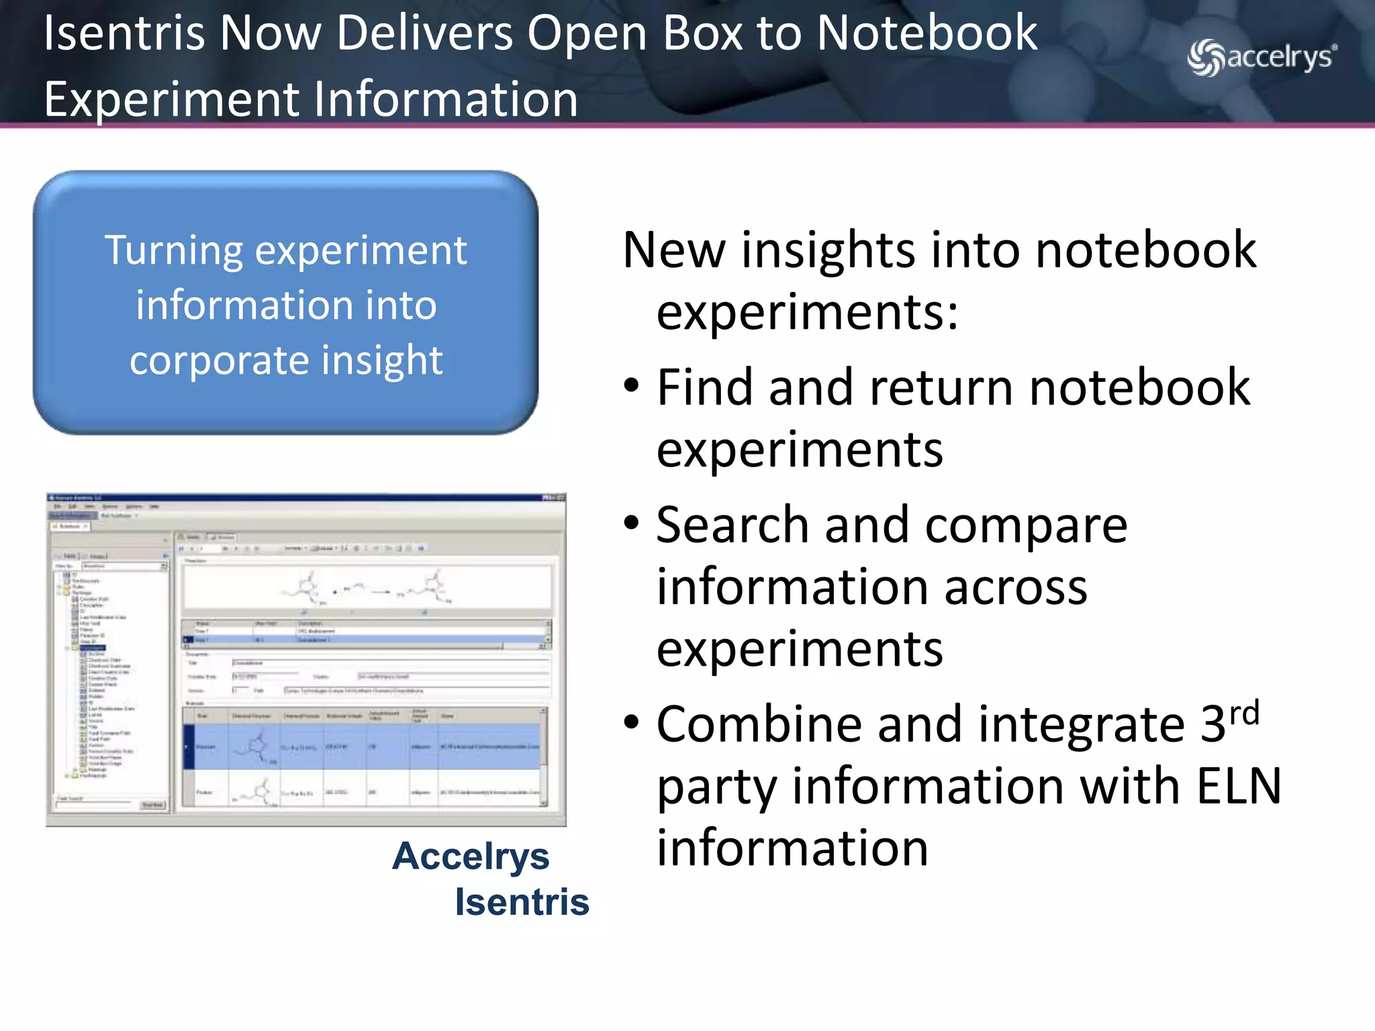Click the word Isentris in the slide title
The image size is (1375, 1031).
(x=124, y=34)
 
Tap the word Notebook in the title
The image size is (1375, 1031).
(x=927, y=34)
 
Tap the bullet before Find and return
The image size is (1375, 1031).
(x=631, y=387)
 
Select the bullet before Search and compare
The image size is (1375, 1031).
(x=631, y=524)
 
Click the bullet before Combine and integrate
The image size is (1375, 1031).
(x=631, y=723)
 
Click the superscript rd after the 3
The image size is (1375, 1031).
(x=1244, y=713)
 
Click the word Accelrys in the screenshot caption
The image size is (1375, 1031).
(x=471, y=857)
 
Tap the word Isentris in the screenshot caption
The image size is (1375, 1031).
(x=522, y=902)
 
